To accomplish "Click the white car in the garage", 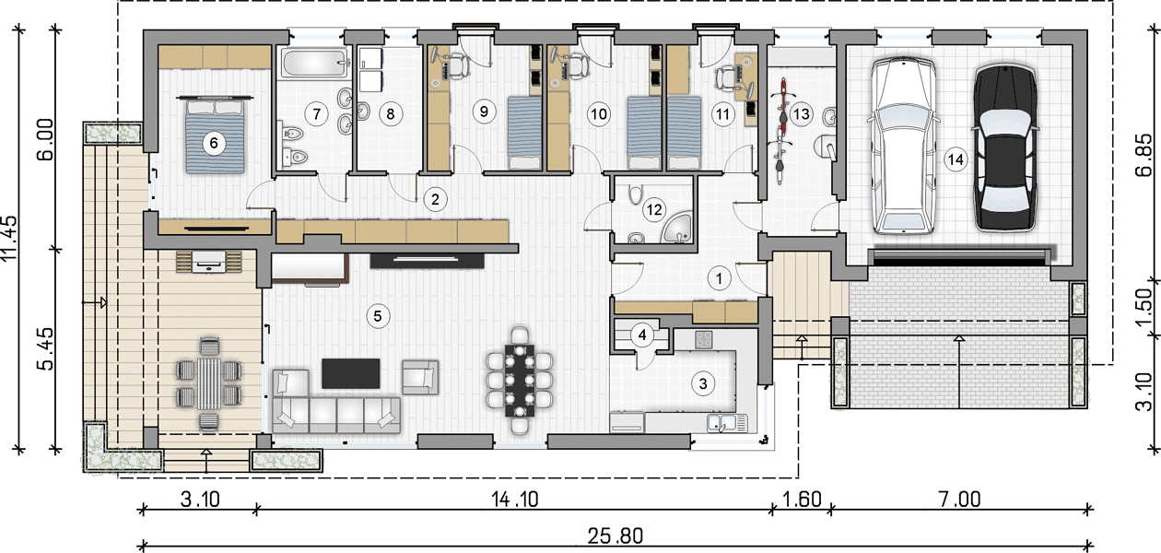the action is coord(903,146).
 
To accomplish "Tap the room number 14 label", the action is coord(956,159).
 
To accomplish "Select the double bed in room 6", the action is coord(215,136).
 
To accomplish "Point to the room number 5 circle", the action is coord(378,315).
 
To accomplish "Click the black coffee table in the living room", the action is coord(351,373).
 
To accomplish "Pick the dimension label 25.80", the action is coord(616,535).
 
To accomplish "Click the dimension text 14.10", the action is coord(515,500).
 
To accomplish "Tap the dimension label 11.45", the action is coord(9,239).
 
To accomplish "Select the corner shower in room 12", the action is coord(677,227).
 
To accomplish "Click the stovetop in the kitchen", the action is coord(703,339).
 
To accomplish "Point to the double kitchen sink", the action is coord(727,423).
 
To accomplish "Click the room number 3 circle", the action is coord(703,383).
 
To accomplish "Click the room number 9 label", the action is coord(484,112).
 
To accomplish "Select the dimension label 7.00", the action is coord(959,500).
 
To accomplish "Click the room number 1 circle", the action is coord(719,278).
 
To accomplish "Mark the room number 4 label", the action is coord(642,335).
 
